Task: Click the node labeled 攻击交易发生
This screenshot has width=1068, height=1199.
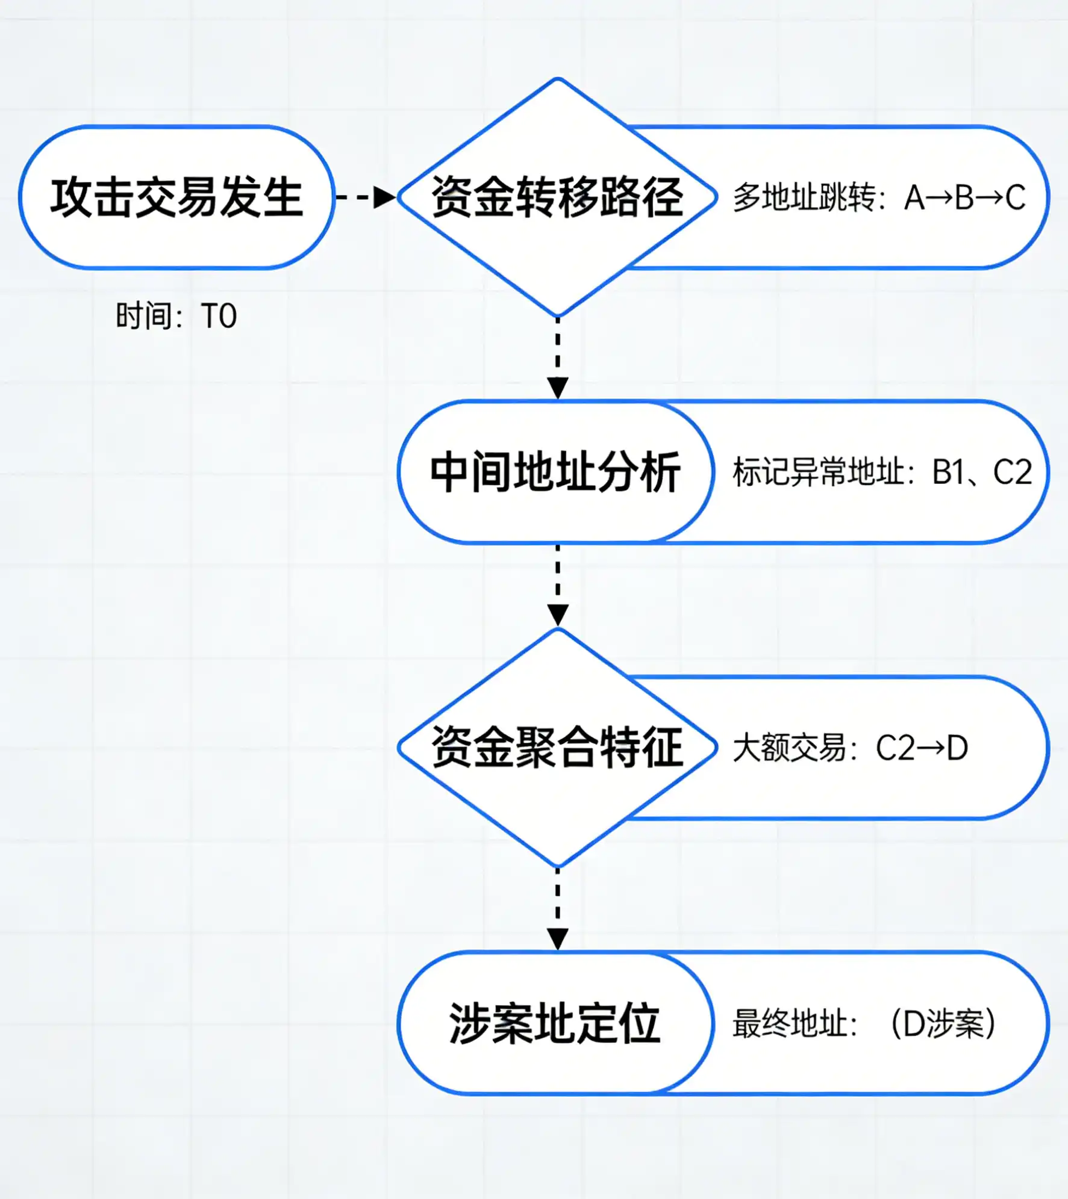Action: pos(176,197)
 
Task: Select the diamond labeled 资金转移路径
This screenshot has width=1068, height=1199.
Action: pos(557,197)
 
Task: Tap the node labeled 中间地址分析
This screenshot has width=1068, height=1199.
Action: pos(555,472)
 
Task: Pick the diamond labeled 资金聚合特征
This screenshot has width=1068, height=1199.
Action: pos(557,748)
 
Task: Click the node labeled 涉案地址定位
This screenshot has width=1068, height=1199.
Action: pos(555,1023)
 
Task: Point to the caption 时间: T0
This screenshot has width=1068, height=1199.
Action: pos(176,316)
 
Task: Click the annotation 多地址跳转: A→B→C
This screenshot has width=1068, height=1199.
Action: pos(879,197)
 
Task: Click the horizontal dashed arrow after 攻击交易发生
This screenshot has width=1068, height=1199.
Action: pos(365,197)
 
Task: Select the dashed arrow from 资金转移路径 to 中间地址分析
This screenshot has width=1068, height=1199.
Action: pos(558,358)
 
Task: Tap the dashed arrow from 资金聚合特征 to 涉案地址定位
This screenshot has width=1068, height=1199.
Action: pos(558,909)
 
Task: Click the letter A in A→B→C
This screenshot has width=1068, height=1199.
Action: pos(914,197)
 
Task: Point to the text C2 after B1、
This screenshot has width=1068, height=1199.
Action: pos(1012,472)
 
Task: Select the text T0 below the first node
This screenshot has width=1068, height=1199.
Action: pos(219,316)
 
